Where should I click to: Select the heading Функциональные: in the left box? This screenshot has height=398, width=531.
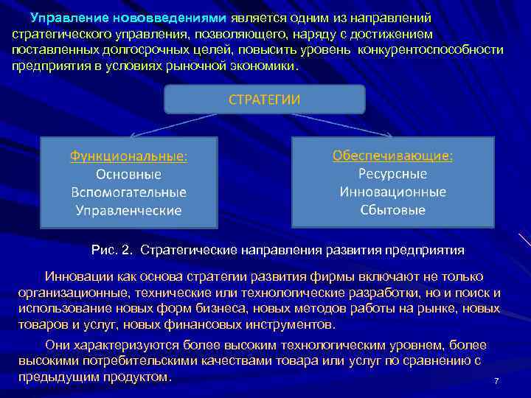[129, 157]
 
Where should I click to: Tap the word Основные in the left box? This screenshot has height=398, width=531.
[129, 175]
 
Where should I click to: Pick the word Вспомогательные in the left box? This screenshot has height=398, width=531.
[129, 192]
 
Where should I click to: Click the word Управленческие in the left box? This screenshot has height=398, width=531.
[129, 210]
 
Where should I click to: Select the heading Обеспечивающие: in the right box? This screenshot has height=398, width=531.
[393, 156]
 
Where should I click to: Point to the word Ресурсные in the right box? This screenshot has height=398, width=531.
[393, 174]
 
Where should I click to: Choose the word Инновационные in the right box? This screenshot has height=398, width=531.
[393, 192]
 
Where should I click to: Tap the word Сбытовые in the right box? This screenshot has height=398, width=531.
[393, 209]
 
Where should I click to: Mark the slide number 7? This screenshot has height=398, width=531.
[497, 380]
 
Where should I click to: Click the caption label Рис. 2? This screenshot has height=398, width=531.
[113, 250]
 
